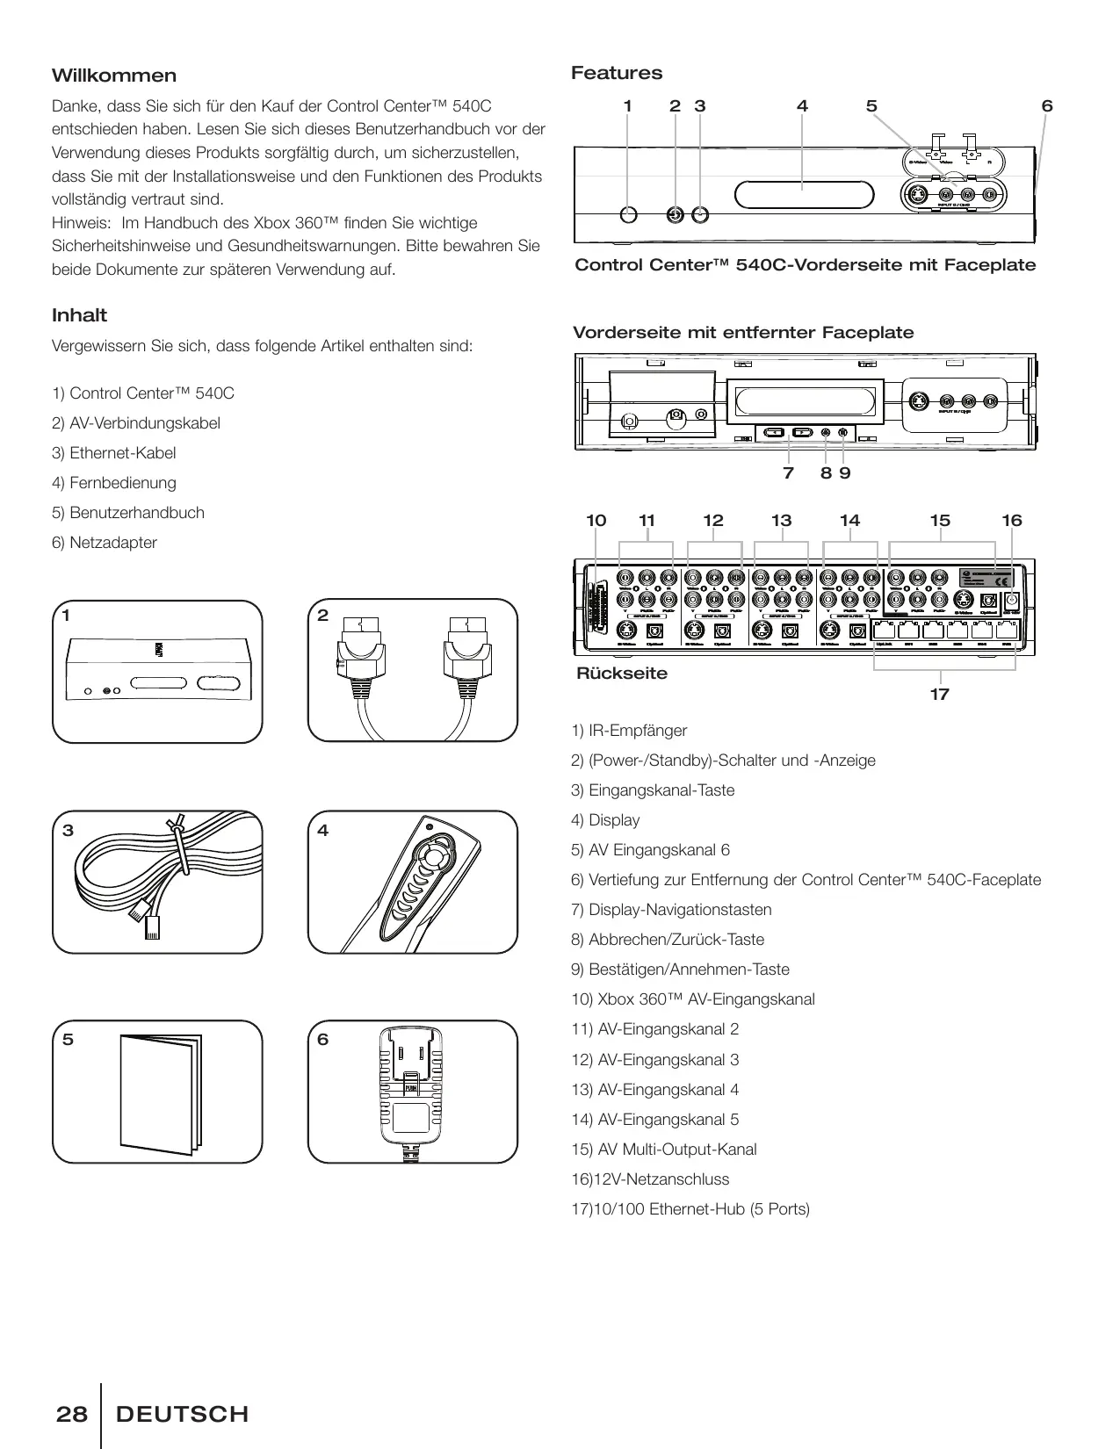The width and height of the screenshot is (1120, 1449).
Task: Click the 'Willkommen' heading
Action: pyautogui.click(x=114, y=76)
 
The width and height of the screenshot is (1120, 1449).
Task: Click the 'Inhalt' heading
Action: pyautogui.click(x=79, y=315)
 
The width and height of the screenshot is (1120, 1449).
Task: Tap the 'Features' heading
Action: pyautogui.click(x=617, y=73)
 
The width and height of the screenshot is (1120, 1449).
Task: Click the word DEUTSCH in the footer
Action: pyautogui.click(x=183, y=1414)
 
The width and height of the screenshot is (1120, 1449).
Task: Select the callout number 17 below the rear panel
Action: pyautogui.click(x=940, y=695)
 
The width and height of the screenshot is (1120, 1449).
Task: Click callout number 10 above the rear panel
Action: pyautogui.click(x=596, y=521)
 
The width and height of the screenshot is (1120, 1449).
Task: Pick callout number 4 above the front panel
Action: pyautogui.click(x=802, y=106)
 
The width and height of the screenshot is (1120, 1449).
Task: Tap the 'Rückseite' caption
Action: pyautogui.click(x=621, y=674)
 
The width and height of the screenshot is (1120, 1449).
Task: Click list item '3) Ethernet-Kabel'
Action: pyautogui.click(x=114, y=453)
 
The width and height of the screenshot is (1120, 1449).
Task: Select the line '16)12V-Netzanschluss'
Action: pyautogui.click(x=650, y=1179)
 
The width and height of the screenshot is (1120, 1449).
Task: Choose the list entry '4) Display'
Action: pyautogui.click(x=605, y=820)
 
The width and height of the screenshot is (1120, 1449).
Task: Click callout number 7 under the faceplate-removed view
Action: pyautogui.click(x=788, y=473)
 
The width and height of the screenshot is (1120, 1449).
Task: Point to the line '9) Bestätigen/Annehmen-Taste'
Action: pyautogui.click(x=680, y=970)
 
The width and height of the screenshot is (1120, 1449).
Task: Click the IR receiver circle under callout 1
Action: pyautogui.click(x=628, y=214)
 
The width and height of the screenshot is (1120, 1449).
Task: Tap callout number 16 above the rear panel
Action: pyautogui.click(x=1012, y=521)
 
